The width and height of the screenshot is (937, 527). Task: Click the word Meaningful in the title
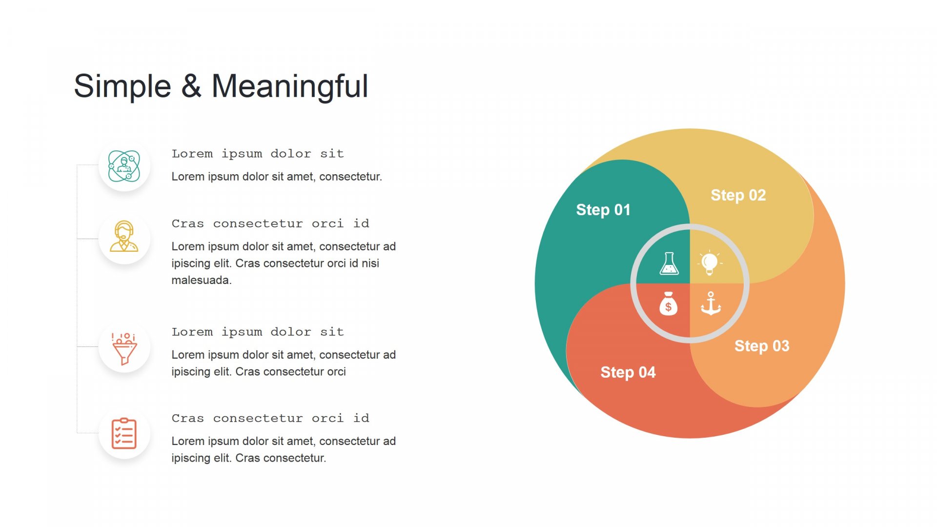[x=290, y=87]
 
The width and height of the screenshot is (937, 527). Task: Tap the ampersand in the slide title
[x=191, y=86]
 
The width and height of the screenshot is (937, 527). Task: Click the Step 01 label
[x=603, y=210]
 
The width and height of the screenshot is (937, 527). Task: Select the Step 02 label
[x=738, y=196]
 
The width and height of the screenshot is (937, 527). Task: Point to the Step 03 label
[x=762, y=346]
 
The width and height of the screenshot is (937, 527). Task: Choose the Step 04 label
[x=628, y=372]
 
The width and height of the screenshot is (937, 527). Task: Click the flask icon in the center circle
[x=669, y=263]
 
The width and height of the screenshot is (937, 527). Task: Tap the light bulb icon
[x=710, y=263]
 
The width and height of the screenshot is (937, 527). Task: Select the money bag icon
[x=668, y=304]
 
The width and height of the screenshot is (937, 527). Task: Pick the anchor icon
[x=711, y=304]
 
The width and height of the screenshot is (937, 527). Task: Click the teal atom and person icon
[x=124, y=166]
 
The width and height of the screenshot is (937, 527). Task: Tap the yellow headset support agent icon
[x=124, y=236]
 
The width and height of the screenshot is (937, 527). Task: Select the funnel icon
[x=124, y=348]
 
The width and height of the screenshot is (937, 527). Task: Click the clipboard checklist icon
[x=124, y=433]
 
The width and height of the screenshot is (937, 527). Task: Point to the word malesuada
[x=202, y=280]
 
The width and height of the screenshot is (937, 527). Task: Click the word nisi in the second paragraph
[x=370, y=263]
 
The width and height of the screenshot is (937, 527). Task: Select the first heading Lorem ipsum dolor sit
[x=258, y=154]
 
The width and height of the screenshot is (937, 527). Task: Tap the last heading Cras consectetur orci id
[x=270, y=418]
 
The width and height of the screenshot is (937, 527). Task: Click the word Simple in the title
[x=122, y=87]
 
